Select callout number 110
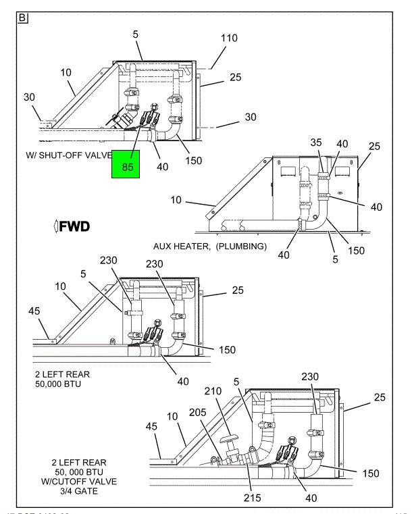coord(230,38)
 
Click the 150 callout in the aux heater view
coord(357,250)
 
